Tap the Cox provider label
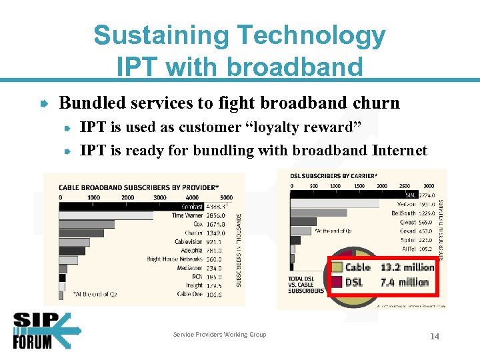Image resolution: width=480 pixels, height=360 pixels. [198, 225]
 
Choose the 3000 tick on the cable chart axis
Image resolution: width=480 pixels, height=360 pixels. [160, 197]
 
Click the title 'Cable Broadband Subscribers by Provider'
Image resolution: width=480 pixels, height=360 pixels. [148, 187]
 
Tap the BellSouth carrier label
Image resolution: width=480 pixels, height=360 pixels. [404, 213]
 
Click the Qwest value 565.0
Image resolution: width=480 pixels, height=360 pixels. [427, 222]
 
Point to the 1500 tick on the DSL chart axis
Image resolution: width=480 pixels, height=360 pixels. [359, 185]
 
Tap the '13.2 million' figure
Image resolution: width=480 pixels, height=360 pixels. [407, 267]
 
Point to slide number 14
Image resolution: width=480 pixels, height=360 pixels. [434, 337]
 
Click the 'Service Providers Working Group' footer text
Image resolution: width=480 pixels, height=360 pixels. [219, 335]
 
